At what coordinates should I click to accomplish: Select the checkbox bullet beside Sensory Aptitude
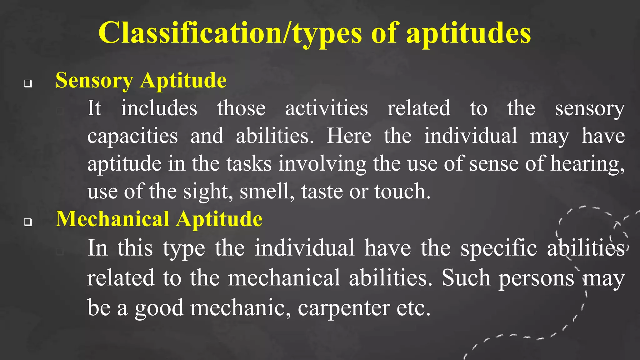tap(28, 83)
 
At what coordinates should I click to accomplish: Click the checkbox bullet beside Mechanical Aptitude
tap(28, 222)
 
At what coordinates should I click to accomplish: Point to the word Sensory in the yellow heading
tap(94, 81)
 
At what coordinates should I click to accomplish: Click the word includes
tap(159, 108)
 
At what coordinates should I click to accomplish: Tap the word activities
tap(326, 108)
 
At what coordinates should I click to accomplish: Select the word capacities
tap(132, 136)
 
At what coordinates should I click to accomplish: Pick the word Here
tap(349, 136)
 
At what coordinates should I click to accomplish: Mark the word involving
tap(322, 164)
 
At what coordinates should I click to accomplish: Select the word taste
tap(322, 191)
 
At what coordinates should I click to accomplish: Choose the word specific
tap(499, 248)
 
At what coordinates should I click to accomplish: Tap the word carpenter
tap(343, 308)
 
